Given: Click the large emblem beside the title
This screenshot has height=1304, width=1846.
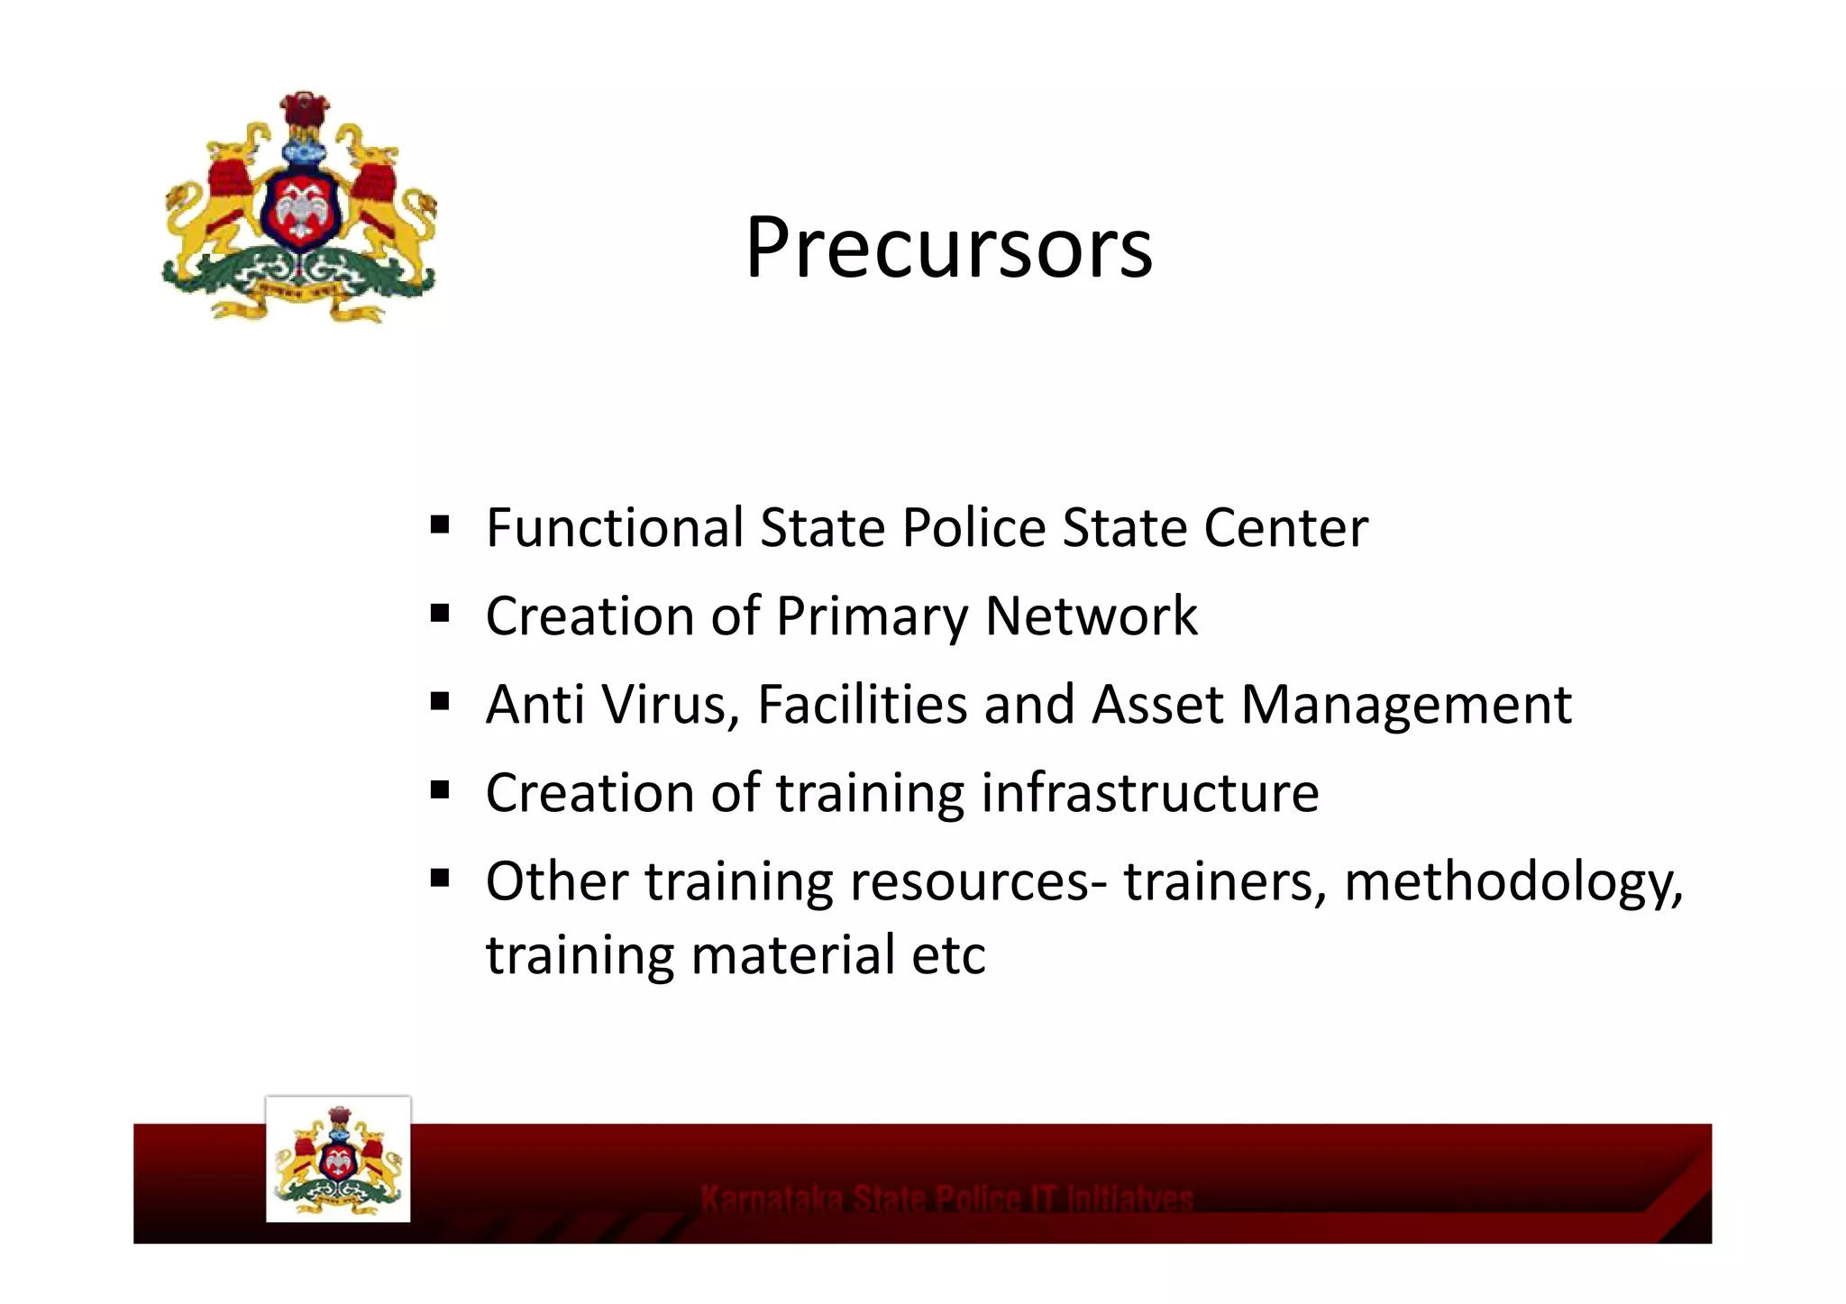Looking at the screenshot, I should [x=299, y=207].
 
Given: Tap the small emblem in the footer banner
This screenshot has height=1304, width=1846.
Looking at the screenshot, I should [x=338, y=1160].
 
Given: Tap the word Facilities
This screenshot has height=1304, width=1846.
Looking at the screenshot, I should [x=862, y=704].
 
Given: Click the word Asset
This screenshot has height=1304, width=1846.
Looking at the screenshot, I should [x=1157, y=704].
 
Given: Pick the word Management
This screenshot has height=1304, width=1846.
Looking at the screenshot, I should [x=1406, y=706].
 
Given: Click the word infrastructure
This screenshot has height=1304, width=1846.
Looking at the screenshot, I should [x=1149, y=793].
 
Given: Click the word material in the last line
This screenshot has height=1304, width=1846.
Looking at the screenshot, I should [x=793, y=955].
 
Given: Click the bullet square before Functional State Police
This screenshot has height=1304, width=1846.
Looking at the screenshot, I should [x=440, y=524].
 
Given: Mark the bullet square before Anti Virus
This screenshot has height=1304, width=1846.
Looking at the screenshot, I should [x=440, y=701].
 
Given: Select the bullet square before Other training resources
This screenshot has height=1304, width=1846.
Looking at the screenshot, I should [x=440, y=878].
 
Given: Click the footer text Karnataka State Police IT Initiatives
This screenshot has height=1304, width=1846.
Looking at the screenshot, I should [x=946, y=1199].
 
